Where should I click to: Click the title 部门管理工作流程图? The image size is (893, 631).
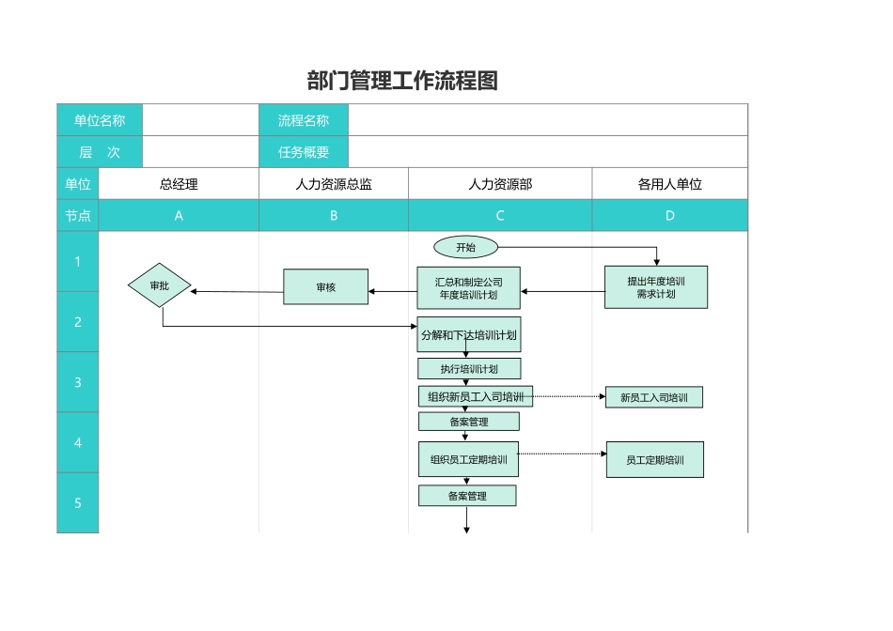tap(402, 81)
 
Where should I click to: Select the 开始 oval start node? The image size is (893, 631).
tap(465, 247)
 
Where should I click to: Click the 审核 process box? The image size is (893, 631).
tap(326, 287)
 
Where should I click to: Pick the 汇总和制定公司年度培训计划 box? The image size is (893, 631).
tap(468, 288)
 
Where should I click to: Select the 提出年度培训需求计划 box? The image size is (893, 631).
tap(655, 287)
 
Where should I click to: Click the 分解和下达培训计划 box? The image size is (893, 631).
tap(468, 334)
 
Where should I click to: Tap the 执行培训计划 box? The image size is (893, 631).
tap(468, 369)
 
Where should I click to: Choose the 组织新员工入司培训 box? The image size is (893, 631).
tap(475, 397)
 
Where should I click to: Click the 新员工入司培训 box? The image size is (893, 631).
tap(653, 397)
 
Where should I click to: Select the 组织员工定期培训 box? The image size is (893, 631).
tap(468, 460)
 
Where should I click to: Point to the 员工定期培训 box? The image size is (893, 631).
tap(654, 460)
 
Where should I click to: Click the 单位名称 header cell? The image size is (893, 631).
tap(99, 120)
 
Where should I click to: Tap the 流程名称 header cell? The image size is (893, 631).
tap(303, 120)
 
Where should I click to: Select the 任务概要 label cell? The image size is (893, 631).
tap(303, 152)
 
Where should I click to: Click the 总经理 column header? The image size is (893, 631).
tap(179, 184)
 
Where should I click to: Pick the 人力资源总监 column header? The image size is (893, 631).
tap(333, 184)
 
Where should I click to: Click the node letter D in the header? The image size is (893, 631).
tap(669, 215)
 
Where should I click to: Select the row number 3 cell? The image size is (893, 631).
tap(78, 382)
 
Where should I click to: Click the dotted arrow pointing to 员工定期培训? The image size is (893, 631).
tap(562, 454)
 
